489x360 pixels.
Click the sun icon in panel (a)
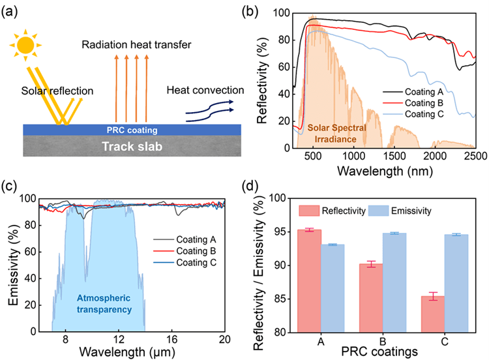[x=25, y=44]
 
